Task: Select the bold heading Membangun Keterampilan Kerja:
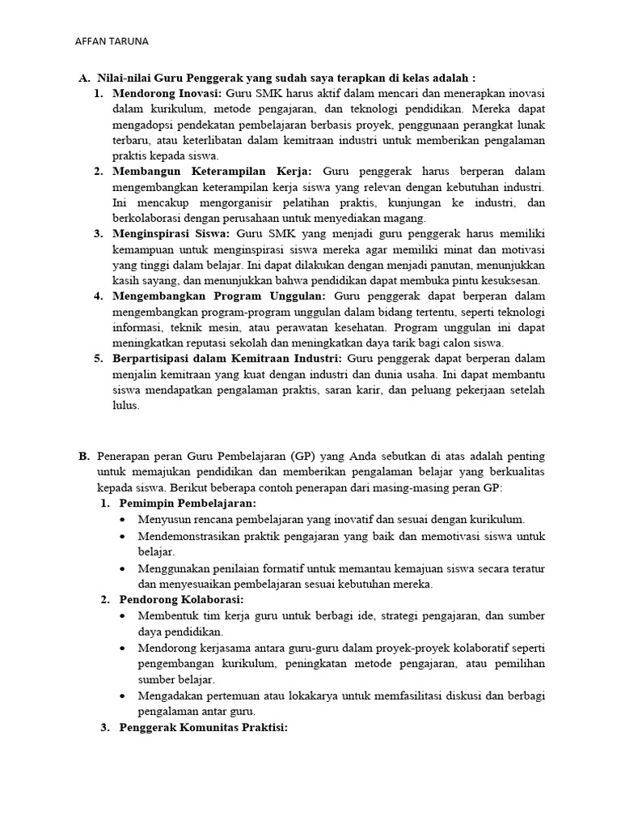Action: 216,172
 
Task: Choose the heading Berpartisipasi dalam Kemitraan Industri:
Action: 227,358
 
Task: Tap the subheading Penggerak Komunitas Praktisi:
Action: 203,727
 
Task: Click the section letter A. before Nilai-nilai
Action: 83,79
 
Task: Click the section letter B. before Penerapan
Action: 83,457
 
